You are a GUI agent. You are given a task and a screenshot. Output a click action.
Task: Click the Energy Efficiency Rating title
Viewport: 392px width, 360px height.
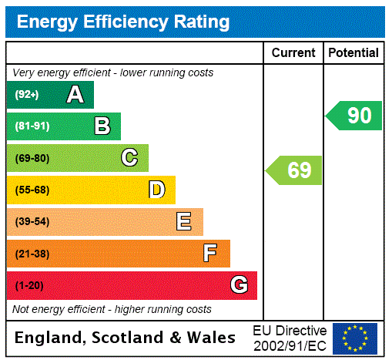(x=123, y=22)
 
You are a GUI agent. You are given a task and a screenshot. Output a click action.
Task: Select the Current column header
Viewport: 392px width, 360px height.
(x=293, y=53)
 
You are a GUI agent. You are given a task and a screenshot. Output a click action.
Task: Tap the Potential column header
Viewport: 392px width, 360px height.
(x=353, y=53)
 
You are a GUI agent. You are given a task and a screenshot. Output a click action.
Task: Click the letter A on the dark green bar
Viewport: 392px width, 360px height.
(x=75, y=95)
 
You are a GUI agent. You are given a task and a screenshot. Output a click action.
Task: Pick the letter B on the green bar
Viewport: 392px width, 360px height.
(x=102, y=126)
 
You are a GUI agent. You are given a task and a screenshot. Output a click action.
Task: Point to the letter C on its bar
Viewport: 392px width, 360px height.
(x=129, y=158)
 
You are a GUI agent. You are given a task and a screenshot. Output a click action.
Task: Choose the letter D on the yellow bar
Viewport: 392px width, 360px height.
(x=156, y=190)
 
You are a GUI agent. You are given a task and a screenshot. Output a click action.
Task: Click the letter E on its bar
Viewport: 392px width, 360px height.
(x=184, y=222)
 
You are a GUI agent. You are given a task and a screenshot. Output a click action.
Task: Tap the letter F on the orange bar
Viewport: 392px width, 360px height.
(x=210, y=254)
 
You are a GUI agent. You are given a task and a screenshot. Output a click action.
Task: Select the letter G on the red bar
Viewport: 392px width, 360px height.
(x=239, y=285)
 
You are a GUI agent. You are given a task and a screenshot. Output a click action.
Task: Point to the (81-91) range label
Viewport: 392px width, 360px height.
(x=32, y=126)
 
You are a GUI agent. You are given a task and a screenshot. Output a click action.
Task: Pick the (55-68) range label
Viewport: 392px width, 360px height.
(x=32, y=190)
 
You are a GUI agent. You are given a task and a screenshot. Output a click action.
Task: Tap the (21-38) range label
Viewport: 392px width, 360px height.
(x=32, y=254)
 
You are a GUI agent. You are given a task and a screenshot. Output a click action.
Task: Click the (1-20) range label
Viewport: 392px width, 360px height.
(x=29, y=286)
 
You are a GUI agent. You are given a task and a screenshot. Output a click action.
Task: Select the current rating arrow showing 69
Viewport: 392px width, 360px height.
(x=294, y=170)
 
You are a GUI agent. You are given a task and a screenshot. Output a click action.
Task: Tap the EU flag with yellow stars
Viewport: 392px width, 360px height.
(x=355, y=338)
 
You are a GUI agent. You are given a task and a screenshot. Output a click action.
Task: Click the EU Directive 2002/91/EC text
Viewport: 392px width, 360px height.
(x=290, y=338)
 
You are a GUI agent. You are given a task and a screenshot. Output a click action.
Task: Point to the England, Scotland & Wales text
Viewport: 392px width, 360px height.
(x=126, y=338)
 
